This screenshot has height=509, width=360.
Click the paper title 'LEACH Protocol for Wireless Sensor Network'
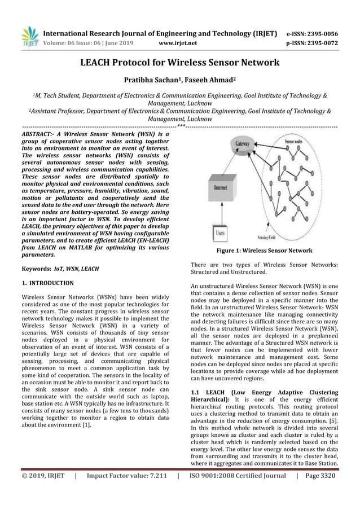(180, 62)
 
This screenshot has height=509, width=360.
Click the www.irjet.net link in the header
(178, 42)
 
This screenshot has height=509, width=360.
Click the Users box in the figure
(219, 232)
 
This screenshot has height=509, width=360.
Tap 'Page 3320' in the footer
(319, 492)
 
